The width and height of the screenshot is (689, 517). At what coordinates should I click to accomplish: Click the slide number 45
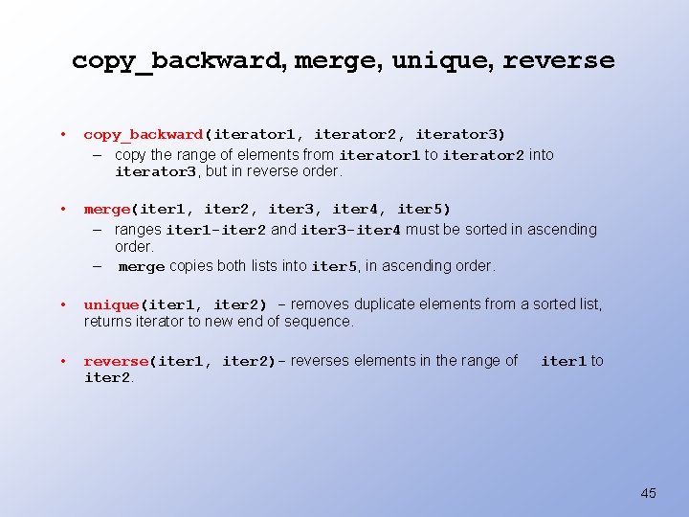tap(648, 493)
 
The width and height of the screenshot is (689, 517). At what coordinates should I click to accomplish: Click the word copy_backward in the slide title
tap(176, 60)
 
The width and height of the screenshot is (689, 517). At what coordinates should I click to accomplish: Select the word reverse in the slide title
tap(559, 60)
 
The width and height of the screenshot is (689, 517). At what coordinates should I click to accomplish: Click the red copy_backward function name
tap(143, 134)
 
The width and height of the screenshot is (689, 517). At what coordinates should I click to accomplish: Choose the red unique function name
tap(111, 304)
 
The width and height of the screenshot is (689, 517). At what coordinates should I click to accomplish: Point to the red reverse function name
tap(115, 361)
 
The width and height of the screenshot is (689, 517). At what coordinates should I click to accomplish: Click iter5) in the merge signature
tap(423, 209)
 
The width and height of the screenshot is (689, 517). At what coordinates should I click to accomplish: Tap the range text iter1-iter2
tap(216, 230)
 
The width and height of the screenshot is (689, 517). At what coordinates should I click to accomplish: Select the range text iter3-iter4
tap(351, 230)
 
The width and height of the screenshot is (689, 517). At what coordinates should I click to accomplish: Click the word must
tap(422, 230)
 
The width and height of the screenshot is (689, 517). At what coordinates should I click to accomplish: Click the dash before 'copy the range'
tap(99, 154)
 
